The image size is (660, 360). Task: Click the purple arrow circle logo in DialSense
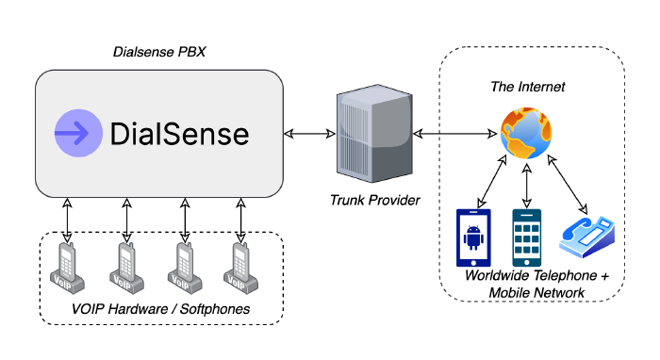point(78,134)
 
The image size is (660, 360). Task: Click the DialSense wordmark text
point(180,134)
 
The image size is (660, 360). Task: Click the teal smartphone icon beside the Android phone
point(527,237)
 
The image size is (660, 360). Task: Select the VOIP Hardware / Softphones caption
point(160,310)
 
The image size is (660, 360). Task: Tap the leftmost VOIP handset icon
point(67,266)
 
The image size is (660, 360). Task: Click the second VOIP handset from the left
point(124,266)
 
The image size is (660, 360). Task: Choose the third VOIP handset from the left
point(182,266)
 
